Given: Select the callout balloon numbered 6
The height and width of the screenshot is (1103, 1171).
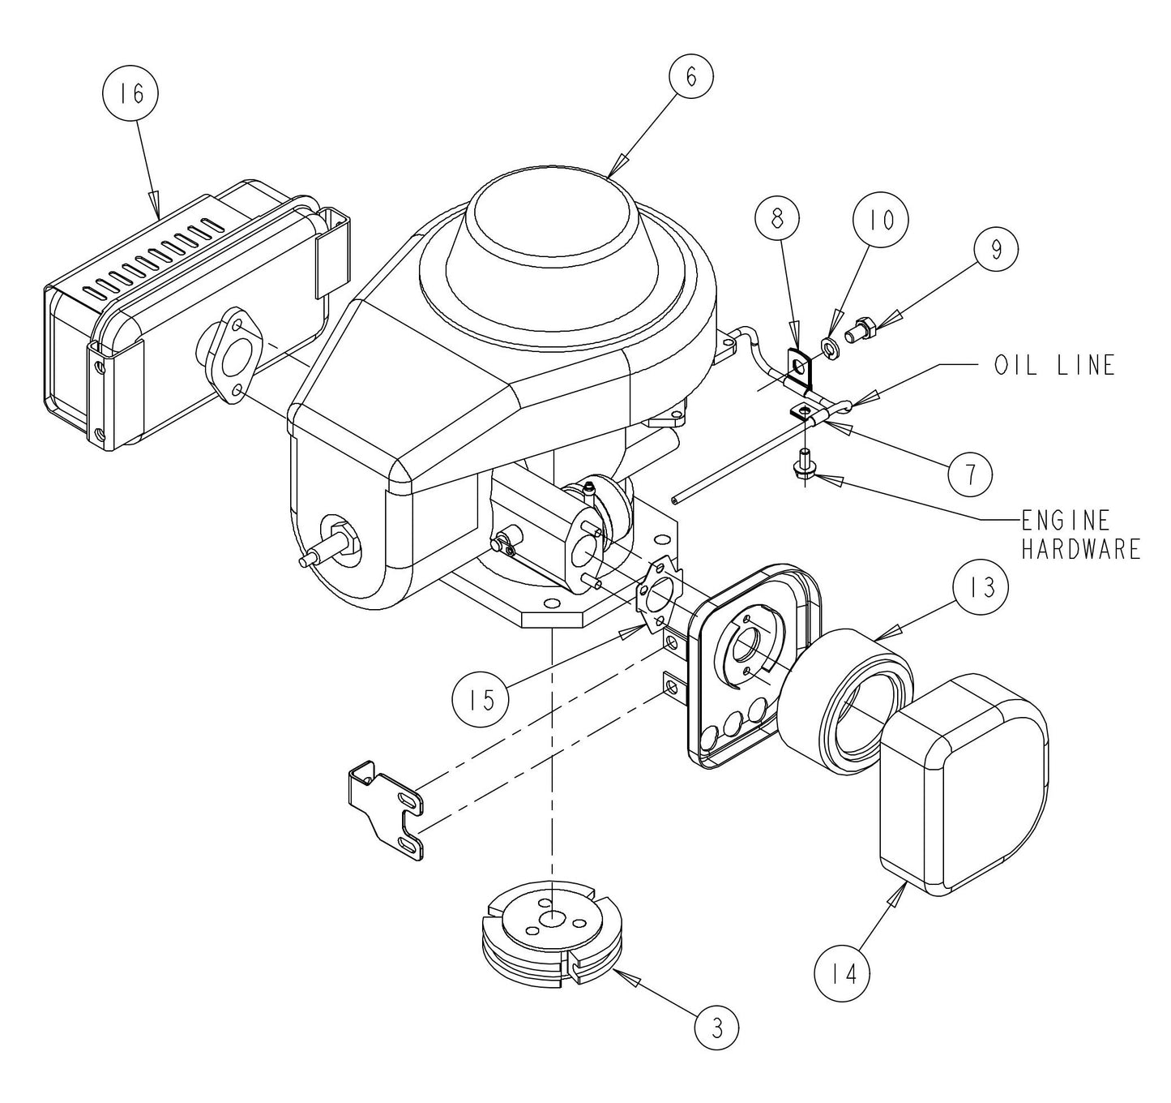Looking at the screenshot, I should pyautogui.click(x=690, y=75).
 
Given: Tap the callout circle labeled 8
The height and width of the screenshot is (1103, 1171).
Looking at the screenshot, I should pyautogui.click(x=776, y=219).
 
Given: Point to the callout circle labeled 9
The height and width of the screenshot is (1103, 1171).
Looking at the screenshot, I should pyautogui.click(x=996, y=250).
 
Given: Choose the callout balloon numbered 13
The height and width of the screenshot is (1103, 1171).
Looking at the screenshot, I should pyautogui.click(x=981, y=586).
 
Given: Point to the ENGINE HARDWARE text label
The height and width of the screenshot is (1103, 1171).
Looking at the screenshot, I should pyautogui.click(x=1079, y=534).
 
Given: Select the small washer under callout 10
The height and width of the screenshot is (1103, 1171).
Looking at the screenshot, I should pyautogui.click(x=831, y=348).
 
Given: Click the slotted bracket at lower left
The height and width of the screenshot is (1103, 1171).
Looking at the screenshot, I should pyautogui.click(x=391, y=811).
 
